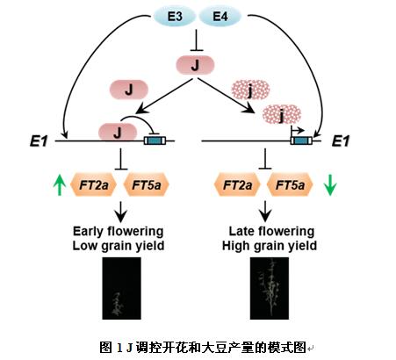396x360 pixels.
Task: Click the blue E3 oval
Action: tap(175, 16)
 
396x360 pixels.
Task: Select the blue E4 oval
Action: tap(220, 16)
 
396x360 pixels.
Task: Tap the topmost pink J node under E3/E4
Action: tap(195, 65)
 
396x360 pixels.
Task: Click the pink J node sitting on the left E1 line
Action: tap(118, 133)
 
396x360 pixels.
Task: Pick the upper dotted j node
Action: tap(250, 90)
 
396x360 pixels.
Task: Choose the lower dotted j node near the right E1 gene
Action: tap(282, 114)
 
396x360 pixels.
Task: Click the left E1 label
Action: tap(39, 141)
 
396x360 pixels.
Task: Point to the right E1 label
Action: tap(341, 141)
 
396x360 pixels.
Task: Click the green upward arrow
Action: tap(60, 184)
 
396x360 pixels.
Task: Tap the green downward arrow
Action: tap(330, 184)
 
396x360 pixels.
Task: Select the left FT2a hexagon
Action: tap(94, 184)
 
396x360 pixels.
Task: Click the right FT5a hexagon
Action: tap(290, 184)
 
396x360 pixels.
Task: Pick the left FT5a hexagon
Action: tap(147, 184)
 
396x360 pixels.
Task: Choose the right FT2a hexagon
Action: tap(237, 184)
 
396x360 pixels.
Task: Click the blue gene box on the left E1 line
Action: tap(155, 140)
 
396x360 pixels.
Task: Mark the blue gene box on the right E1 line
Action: tap(301, 140)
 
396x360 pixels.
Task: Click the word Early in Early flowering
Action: tap(88, 232)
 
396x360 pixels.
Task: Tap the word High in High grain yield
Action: tap(235, 246)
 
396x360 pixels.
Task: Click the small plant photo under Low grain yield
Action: tap(121, 288)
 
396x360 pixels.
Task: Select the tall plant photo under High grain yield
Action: tap(270, 288)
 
